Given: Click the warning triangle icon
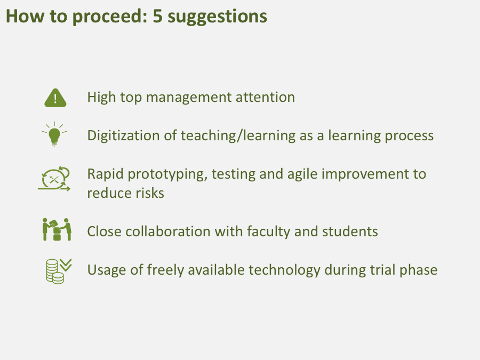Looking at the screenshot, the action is (x=55, y=98).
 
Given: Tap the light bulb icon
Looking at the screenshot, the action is (x=54, y=134).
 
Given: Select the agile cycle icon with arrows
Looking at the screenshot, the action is (x=54, y=179).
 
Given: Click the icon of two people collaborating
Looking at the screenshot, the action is (x=57, y=229).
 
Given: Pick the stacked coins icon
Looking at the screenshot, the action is (x=59, y=271).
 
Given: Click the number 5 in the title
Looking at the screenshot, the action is (x=157, y=16).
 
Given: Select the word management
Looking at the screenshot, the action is (x=189, y=98).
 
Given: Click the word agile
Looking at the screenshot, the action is (x=302, y=175).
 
